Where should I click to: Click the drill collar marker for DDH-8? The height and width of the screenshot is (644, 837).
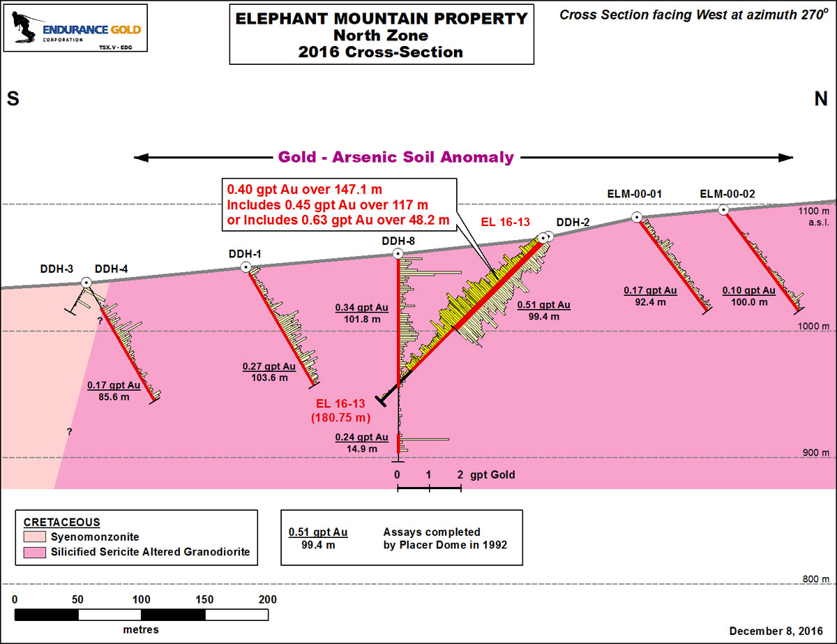[398, 254]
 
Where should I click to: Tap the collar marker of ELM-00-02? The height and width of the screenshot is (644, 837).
[724, 210]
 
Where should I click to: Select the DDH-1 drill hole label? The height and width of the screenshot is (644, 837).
[245, 254]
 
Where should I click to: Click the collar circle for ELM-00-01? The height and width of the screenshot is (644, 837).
[637, 217]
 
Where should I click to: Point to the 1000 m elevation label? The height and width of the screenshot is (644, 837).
[813, 327]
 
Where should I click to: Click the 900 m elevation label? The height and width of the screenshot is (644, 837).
[816, 453]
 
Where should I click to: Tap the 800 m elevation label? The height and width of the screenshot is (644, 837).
[816, 579]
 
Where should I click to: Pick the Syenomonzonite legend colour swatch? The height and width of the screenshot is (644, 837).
[35, 537]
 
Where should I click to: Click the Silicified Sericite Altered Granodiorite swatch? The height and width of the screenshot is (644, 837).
[35, 553]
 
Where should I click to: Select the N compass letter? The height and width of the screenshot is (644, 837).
[821, 99]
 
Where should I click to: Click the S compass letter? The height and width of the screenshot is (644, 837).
[13, 99]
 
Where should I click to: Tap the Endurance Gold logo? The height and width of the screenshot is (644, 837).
[75, 28]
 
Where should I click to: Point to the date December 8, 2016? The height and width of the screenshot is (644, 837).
[776, 631]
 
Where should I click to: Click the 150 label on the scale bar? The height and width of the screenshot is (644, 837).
[204, 599]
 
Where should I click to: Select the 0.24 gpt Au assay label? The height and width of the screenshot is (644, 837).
[361, 437]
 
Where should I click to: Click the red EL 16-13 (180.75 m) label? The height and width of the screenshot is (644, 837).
[340, 410]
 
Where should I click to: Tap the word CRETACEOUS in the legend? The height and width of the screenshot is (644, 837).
[61, 523]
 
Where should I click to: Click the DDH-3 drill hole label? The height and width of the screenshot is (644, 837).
[56, 269]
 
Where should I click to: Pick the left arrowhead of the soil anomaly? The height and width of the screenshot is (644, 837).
[141, 158]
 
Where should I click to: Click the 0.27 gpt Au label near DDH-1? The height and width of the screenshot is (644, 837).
[269, 366]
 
